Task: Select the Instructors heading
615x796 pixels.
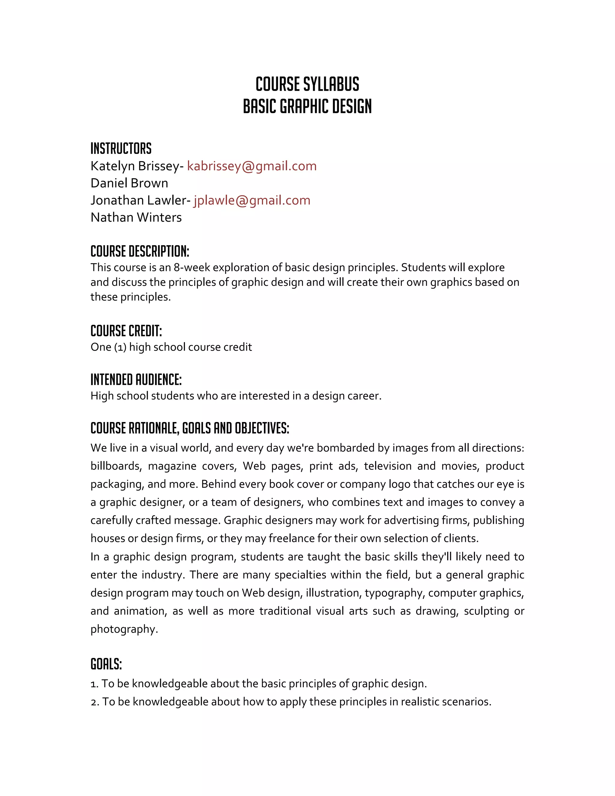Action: pos(121,149)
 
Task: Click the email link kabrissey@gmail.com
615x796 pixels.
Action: pos(252,166)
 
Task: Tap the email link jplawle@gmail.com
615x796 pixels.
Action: pos(252,200)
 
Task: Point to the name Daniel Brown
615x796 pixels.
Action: pos(129,183)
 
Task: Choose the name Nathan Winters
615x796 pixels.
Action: pos(136,217)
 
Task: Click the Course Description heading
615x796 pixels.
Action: pos(140,251)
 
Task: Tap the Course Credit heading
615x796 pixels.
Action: pos(126,331)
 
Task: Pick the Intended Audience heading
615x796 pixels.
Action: pos(136,380)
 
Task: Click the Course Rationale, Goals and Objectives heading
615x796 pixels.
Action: pos(190,428)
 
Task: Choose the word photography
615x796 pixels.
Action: pos(124,629)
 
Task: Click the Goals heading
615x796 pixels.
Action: pos(106,664)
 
